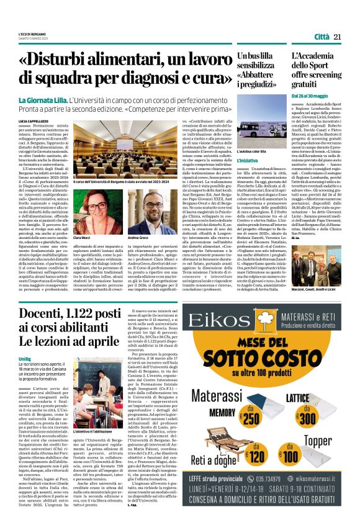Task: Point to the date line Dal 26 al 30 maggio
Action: tap(310, 97)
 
